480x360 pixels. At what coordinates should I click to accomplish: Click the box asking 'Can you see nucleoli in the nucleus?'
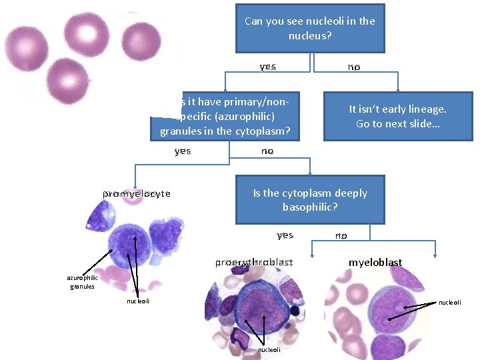coord(310,28)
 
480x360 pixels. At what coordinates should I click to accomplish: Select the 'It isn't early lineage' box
coord(397,117)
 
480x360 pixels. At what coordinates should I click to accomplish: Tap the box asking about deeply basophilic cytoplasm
coord(310,199)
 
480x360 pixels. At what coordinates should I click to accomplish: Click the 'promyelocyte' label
coord(137,193)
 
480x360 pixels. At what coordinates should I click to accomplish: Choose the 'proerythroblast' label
coord(254,263)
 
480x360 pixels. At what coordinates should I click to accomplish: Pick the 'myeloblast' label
coord(375,263)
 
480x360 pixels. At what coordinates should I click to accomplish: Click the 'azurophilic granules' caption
coord(81,282)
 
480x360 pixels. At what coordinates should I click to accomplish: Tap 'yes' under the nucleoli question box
coord(268,67)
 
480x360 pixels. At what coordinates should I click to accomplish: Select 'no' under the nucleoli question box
coord(353,67)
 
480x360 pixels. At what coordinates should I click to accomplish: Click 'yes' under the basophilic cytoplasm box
coord(285,235)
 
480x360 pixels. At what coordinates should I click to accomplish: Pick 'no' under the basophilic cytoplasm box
coord(341,235)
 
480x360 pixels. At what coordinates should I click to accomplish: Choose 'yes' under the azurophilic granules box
coord(183,151)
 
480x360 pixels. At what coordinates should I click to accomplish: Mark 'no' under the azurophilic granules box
coord(267,151)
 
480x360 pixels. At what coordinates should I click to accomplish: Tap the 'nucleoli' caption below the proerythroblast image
coord(269,349)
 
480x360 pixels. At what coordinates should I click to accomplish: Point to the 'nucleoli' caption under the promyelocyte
coord(138,301)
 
